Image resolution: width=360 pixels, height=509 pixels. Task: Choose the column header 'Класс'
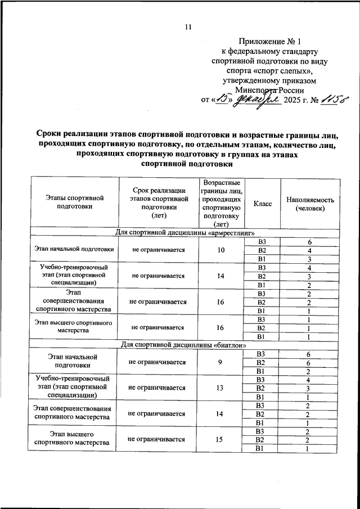coord(262,203)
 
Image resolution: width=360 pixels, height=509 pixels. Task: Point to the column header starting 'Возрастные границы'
coord(222,203)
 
